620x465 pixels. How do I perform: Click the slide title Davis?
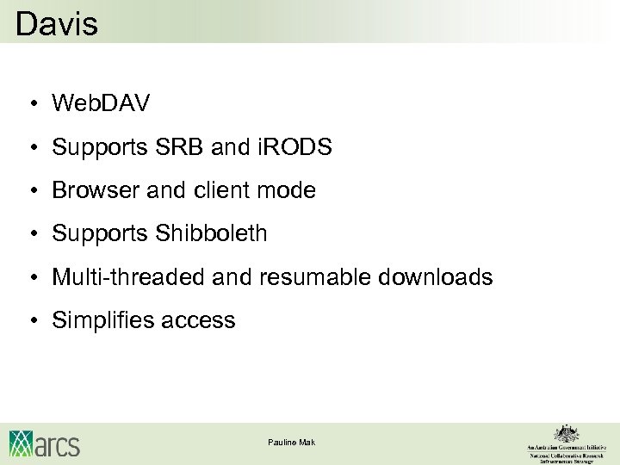[57, 23]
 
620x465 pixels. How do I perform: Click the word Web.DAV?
[101, 104]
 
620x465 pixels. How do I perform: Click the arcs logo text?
[58, 444]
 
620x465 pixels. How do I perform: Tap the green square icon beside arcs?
[22, 443]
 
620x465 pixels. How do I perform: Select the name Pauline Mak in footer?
[292, 442]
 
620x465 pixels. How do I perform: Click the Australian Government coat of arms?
[566, 433]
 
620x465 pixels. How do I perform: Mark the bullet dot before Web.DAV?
[31, 105]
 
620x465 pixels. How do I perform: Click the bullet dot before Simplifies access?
[31, 321]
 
